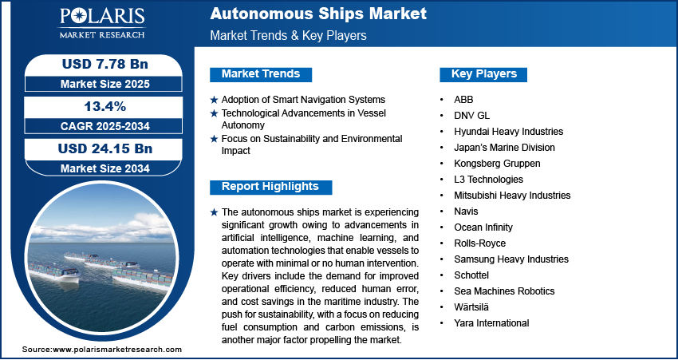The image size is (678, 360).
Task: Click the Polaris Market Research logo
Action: click(102, 23)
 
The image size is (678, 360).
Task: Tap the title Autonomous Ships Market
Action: click(318, 14)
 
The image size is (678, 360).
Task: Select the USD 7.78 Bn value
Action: click(105, 65)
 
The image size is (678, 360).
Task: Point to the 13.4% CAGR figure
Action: click(105, 106)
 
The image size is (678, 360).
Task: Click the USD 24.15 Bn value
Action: click(105, 148)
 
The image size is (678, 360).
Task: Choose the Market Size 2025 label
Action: click(105, 84)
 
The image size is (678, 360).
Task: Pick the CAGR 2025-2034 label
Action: click(105, 126)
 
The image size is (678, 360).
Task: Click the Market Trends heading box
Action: click(261, 74)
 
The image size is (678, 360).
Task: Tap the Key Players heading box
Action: click(483, 74)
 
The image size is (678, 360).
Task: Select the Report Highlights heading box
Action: click(270, 187)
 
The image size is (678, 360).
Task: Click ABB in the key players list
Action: click(463, 100)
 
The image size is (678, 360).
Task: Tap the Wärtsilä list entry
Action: click(471, 307)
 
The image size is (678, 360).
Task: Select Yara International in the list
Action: click(491, 322)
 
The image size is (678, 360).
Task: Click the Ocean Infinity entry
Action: click(483, 227)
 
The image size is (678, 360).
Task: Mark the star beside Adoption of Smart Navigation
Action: click(214, 100)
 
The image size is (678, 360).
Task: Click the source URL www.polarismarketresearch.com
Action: click(117, 350)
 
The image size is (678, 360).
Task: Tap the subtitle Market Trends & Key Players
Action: click(288, 35)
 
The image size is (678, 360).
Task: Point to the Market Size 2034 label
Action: click(105, 168)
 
